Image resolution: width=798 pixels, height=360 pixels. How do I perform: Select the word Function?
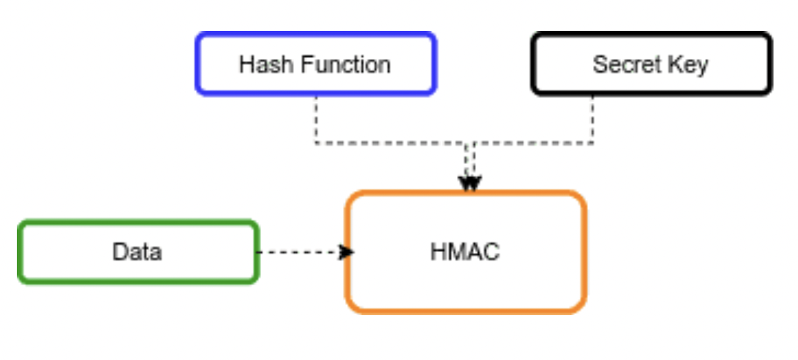click(345, 64)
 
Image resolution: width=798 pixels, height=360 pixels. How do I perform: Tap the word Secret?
click(624, 64)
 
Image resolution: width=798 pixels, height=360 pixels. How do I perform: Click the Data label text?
click(137, 252)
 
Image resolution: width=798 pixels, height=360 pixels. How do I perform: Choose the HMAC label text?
click(465, 252)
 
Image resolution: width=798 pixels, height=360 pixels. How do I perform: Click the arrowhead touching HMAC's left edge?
click(347, 252)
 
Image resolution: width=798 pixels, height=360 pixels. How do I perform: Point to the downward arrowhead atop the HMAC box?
click(470, 184)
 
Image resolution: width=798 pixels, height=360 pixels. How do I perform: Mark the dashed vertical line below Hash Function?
click(316, 120)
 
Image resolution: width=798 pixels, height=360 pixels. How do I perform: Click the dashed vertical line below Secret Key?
click(593, 120)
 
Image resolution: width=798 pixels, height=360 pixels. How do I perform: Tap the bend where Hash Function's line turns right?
click(316, 144)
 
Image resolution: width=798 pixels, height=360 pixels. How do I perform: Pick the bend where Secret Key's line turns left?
click(593, 144)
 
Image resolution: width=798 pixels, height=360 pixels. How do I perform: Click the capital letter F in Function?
click(306, 64)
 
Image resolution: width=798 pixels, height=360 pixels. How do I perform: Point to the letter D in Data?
click(120, 252)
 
